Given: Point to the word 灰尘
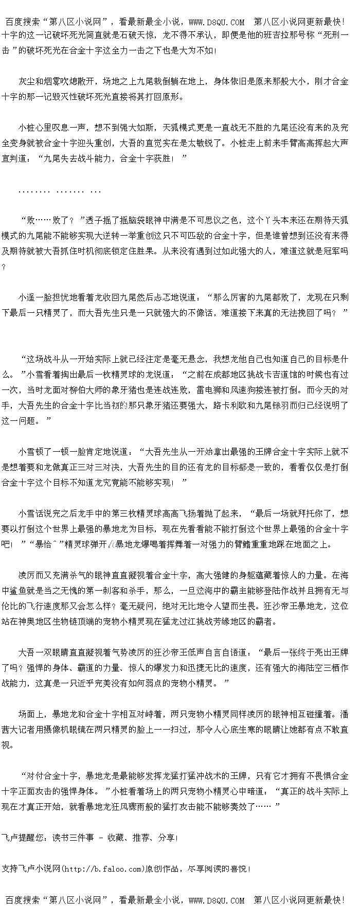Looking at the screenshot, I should tap(27, 81).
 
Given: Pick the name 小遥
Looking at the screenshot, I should tap(27, 297).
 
